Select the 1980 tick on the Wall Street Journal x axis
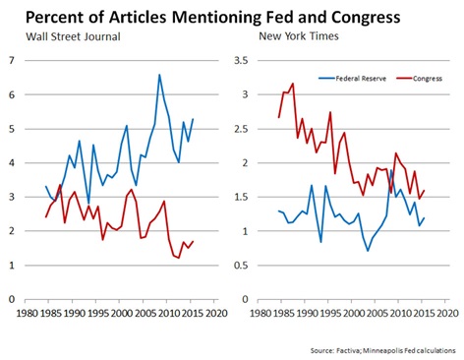click(24, 314)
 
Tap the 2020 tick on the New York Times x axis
click(446, 314)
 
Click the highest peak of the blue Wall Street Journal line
click(159, 74)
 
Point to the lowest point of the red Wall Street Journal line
click(178, 258)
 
